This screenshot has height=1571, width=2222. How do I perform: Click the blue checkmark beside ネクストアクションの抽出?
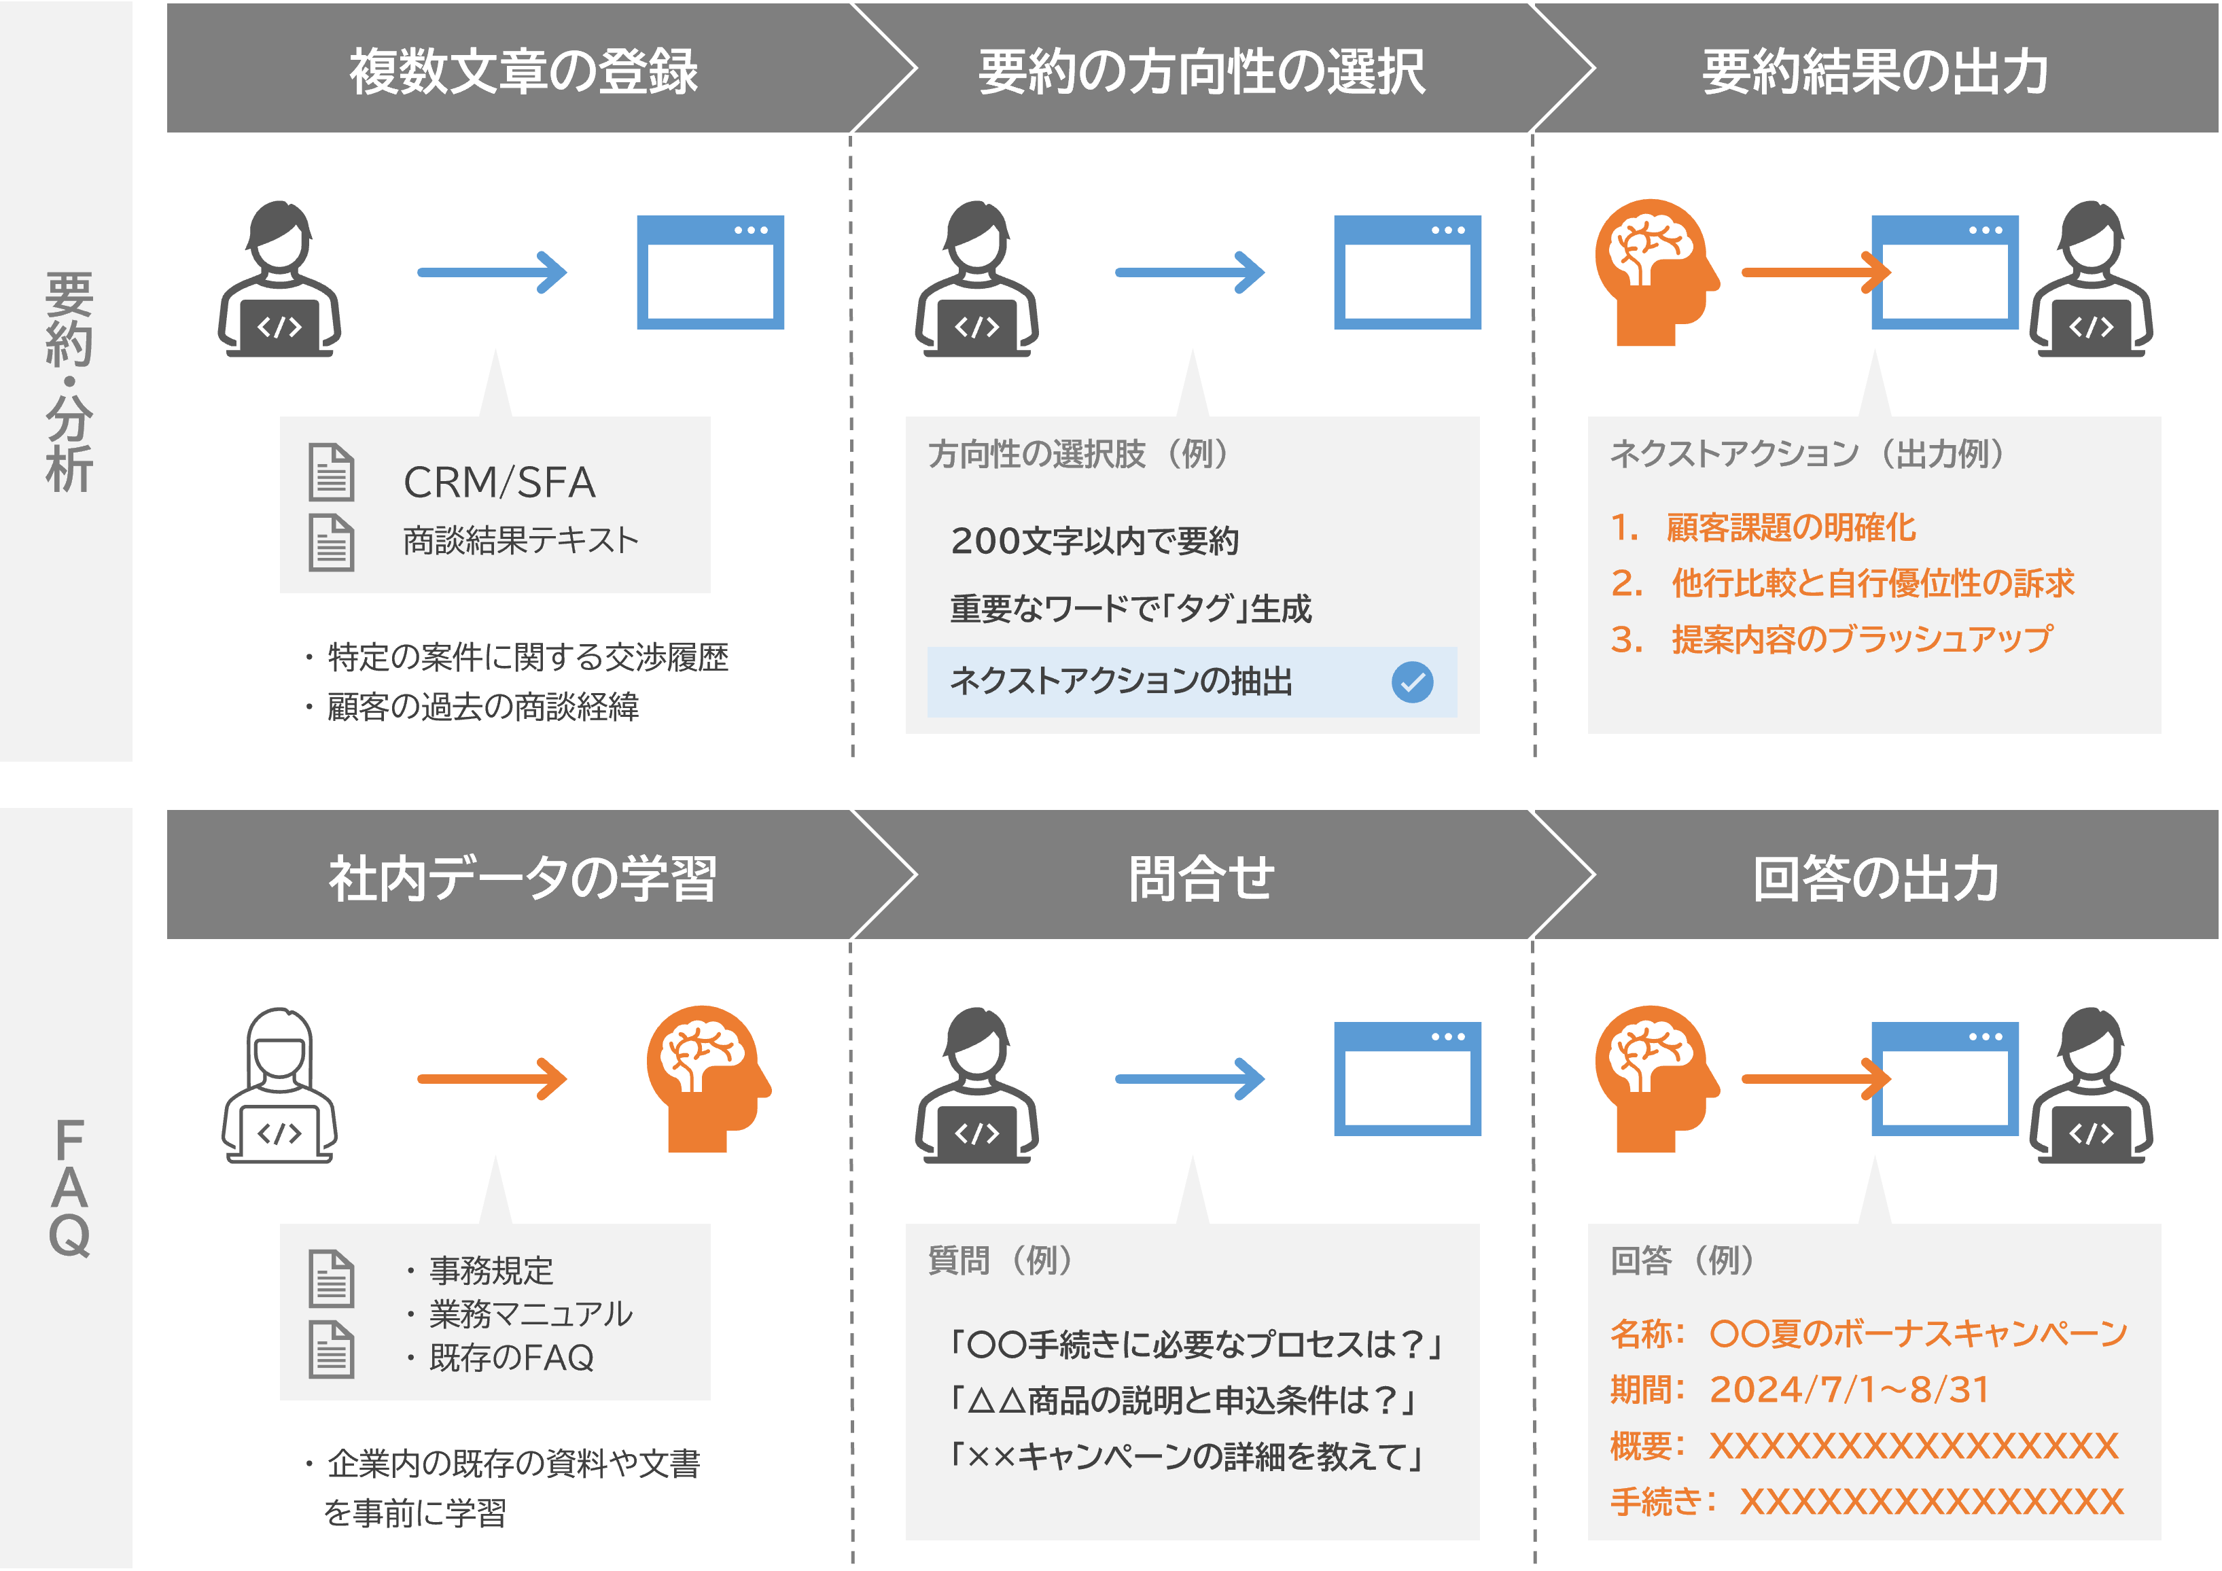click(1412, 682)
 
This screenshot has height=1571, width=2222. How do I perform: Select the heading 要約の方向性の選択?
click(1201, 71)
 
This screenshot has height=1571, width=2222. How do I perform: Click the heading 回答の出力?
click(1875, 878)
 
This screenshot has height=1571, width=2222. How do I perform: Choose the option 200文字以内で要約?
click(1095, 540)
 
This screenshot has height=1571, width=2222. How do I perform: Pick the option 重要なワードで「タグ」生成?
click(1130, 608)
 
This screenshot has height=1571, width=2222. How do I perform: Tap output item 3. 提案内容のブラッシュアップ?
click(1831, 639)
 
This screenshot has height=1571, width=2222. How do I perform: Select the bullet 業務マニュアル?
click(529, 1313)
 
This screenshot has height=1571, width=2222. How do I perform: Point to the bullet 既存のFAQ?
click(510, 1357)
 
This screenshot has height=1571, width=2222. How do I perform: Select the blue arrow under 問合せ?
click(1189, 1078)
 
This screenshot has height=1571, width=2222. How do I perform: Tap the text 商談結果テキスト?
click(521, 539)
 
